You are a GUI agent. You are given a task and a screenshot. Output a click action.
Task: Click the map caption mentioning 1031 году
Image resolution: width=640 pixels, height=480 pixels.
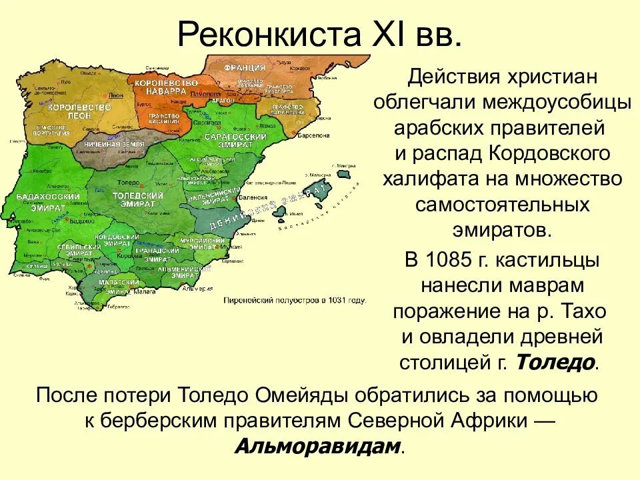coord(295,301)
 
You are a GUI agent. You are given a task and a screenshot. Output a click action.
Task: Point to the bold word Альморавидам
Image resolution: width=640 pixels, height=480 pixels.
coord(318,446)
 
